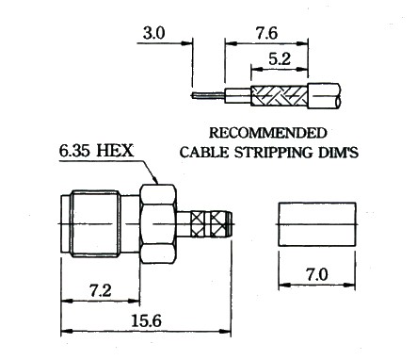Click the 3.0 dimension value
point(153,33)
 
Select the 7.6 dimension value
point(266,33)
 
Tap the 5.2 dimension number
point(280,58)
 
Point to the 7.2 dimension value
point(101,290)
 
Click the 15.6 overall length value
point(146,320)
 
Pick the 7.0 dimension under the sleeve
point(317,274)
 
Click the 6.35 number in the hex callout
point(74,151)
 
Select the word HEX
point(115,151)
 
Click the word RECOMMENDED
point(268,133)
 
